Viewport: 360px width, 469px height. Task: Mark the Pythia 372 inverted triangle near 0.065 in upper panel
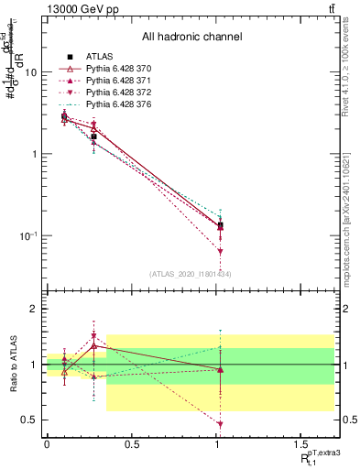220,251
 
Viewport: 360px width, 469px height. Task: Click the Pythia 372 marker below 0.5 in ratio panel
220,424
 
